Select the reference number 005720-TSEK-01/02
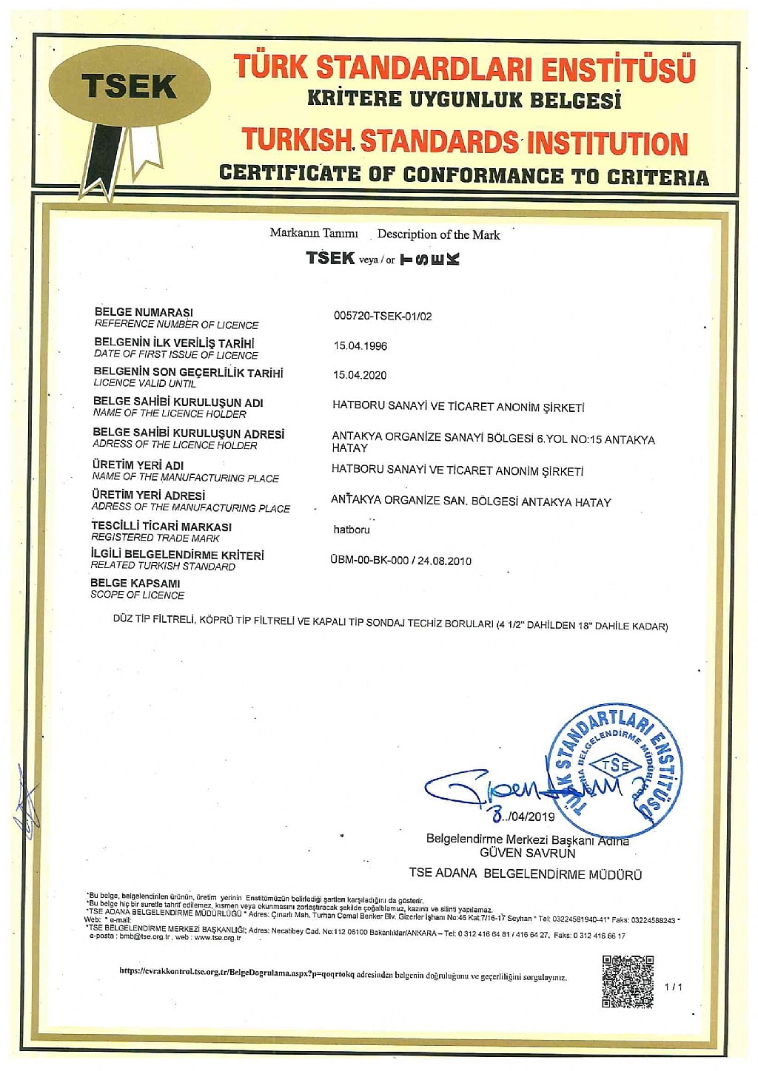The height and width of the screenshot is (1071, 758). [382, 316]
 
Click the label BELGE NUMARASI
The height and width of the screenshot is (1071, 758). [144, 312]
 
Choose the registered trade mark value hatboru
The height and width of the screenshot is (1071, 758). [351, 530]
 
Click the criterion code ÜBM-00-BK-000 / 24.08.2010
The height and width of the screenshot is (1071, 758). [400, 561]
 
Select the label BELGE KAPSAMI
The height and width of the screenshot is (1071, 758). [135, 583]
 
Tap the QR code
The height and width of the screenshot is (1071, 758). [628, 982]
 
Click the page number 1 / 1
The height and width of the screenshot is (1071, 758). [674, 987]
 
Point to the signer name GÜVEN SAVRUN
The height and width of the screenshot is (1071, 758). [527, 852]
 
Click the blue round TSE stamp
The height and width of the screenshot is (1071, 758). [613, 769]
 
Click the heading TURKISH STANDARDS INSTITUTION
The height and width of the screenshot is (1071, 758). [465, 142]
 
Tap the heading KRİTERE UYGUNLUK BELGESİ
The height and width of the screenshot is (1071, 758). [463, 99]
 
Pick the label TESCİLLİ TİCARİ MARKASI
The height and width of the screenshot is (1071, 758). [161, 527]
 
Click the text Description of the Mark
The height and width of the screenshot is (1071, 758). [438, 234]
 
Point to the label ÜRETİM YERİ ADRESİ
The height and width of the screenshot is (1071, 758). [148, 495]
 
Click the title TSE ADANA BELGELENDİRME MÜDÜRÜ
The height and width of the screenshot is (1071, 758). [525, 874]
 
